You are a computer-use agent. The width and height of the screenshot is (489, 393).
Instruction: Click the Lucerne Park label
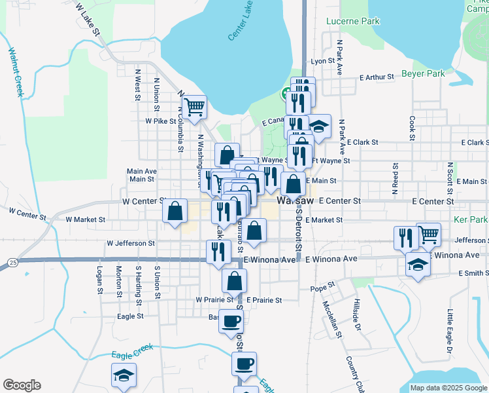point(352,22)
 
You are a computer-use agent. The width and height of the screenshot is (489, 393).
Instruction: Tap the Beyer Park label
point(424,74)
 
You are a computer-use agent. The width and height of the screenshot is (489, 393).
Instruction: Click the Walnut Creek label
point(16,72)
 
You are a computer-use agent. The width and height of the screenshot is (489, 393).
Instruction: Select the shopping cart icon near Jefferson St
point(428,234)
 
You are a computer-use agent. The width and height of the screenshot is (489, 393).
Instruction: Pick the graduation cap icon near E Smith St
point(418,265)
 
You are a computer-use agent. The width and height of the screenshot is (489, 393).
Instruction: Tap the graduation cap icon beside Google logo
point(124,374)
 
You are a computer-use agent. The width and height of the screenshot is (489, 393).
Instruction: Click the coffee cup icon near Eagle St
point(231,321)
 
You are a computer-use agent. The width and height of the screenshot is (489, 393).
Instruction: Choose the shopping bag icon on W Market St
point(175,211)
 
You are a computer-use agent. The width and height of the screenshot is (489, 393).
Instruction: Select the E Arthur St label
point(377,77)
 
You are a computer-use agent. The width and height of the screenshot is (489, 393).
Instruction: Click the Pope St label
point(322,286)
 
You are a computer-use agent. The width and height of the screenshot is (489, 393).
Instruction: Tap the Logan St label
point(100,278)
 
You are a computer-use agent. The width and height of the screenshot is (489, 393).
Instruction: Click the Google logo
point(22,385)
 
